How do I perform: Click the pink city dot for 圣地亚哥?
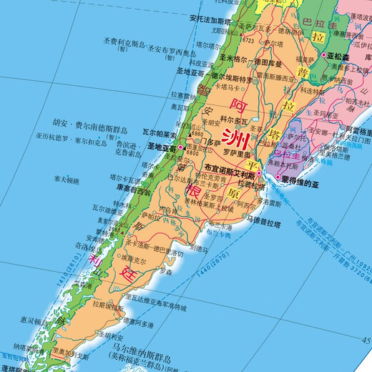coord(180,147)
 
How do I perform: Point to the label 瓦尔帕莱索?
coord(158,134)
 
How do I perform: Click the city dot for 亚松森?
coord(324,55)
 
